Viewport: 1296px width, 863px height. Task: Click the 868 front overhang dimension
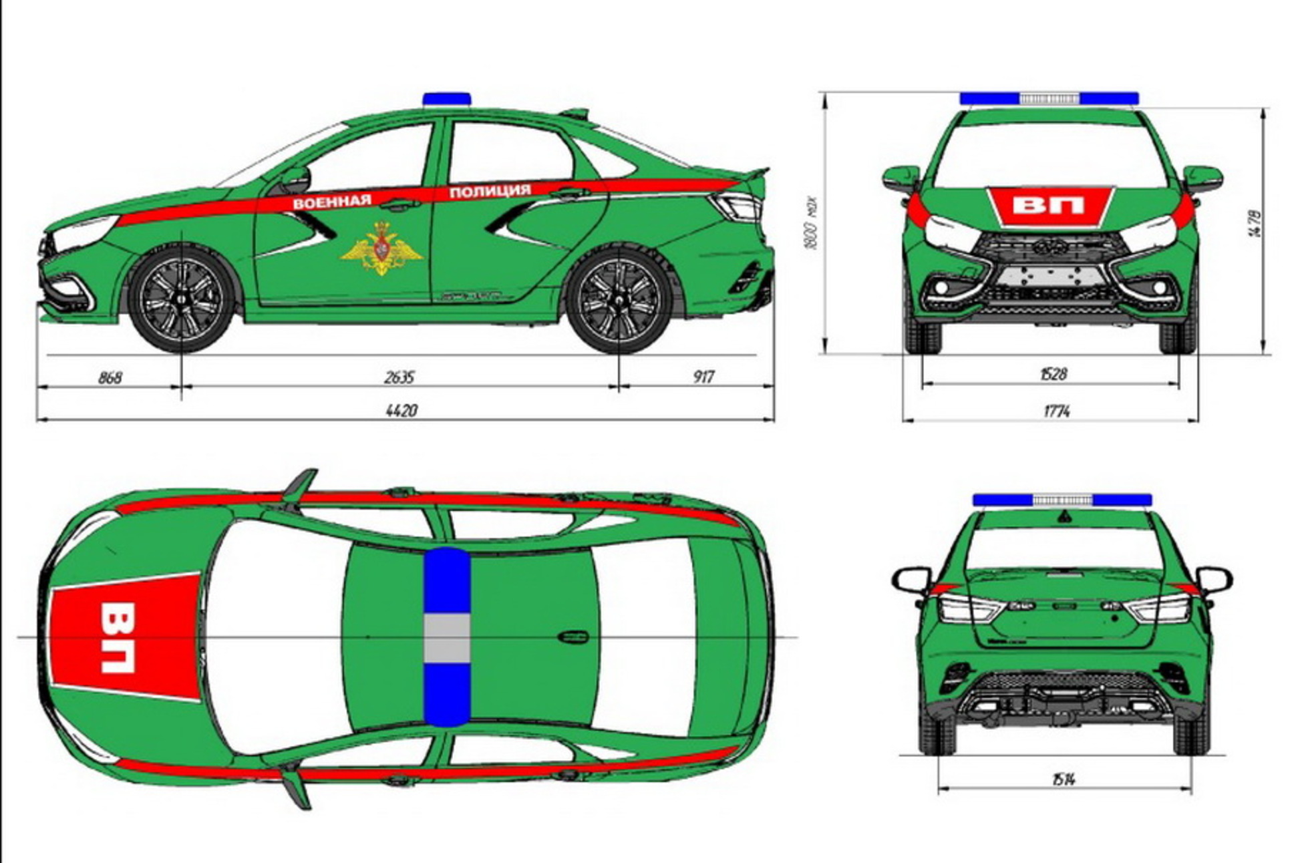point(110,377)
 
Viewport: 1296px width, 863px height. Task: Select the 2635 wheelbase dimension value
point(399,377)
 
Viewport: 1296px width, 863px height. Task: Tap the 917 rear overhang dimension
point(703,377)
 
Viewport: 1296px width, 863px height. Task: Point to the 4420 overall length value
point(401,410)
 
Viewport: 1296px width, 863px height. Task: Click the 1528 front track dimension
point(1053,374)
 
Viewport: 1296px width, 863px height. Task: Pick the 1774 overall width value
point(1056,411)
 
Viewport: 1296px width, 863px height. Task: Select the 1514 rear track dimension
point(1062,779)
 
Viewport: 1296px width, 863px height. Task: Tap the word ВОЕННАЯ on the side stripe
point(332,202)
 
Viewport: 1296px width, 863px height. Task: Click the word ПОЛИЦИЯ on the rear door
point(490,192)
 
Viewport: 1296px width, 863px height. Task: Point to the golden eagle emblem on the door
point(382,248)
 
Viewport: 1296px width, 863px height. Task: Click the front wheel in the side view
point(182,299)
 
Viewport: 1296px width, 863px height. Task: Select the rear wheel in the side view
point(619,301)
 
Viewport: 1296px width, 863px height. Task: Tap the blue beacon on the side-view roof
point(446,100)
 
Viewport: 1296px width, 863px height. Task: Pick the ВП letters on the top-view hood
point(118,637)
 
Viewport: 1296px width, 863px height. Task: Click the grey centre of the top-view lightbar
point(447,638)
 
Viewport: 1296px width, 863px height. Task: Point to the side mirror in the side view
point(296,179)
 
